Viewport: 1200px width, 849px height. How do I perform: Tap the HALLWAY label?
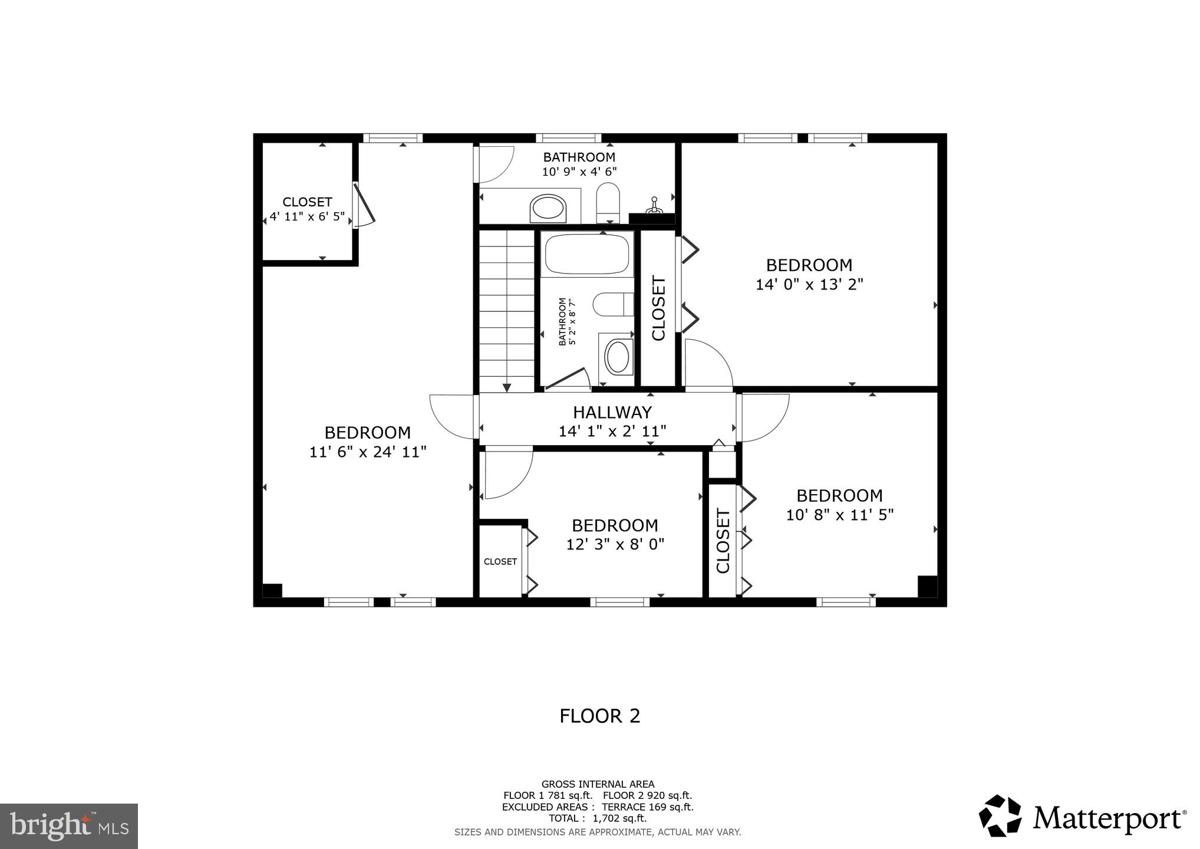click(x=612, y=412)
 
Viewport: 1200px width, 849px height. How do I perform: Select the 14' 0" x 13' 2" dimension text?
click(x=809, y=284)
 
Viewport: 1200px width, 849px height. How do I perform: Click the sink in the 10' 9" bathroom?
click(x=548, y=209)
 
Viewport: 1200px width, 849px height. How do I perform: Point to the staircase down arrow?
click(x=507, y=387)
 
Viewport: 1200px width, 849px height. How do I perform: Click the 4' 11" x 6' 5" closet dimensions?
click(x=307, y=216)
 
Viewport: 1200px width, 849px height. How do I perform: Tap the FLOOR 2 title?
click(x=599, y=716)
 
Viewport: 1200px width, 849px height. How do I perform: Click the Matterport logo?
click(x=1083, y=817)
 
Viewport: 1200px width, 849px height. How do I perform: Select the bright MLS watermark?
click(x=69, y=826)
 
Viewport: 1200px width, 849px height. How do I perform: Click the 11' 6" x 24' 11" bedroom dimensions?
click(x=368, y=452)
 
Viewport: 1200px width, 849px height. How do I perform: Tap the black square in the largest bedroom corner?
click(x=272, y=590)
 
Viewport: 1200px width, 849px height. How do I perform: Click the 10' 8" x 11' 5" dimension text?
click(x=839, y=515)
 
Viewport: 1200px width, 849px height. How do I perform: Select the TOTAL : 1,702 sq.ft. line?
click(x=598, y=818)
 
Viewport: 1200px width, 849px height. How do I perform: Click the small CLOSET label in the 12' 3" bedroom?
click(x=500, y=561)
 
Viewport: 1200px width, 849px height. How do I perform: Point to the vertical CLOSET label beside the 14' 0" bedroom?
click(x=658, y=308)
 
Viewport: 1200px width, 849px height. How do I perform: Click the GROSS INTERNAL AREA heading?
click(x=598, y=784)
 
